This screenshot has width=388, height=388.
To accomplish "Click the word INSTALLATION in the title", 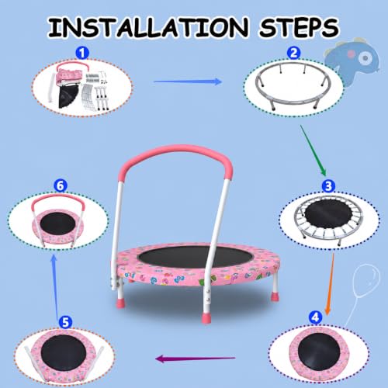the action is (x=148, y=27).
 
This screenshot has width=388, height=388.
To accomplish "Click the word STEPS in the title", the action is (x=299, y=27).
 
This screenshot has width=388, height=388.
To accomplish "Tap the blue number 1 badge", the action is (x=82, y=53).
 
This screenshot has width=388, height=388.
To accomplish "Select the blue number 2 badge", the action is (x=293, y=53).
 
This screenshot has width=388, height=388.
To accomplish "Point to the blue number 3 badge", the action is (x=328, y=185).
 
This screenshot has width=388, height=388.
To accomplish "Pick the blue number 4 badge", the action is (x=315, y=317).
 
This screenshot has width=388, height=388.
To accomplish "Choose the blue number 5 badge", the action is (x=65, y=322).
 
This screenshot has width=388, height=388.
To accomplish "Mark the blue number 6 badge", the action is (x=61, y=185).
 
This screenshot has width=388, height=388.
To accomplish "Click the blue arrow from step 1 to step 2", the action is (x=188, y=81).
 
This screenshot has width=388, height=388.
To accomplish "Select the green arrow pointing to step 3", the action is (x=313, y=151).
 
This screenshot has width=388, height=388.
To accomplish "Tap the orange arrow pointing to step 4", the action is (x=330, y=284).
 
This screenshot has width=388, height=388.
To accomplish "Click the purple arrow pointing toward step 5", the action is (x=196, y=359).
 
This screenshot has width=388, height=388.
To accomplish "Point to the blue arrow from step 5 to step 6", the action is (x=55, y=286).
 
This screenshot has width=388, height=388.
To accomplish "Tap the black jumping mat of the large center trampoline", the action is (x=196, y=257).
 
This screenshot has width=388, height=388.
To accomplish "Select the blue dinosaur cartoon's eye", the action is (x=365, y=57).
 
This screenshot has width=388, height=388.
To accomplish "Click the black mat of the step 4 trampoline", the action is (x=318, y=352).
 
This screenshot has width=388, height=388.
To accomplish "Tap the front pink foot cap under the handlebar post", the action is (x=206, y=318).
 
